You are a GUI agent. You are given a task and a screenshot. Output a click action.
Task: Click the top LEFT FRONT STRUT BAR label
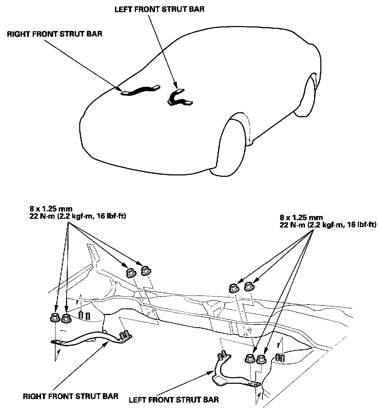click(159, 9)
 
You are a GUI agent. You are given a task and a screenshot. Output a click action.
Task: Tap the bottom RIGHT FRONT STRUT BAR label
click(71, 396)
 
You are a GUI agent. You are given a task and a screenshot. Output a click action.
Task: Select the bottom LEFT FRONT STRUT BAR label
click(174, 400)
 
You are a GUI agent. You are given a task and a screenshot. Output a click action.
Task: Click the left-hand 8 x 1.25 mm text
click(51, 209)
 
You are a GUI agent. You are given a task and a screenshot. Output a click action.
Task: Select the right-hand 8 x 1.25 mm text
click(301, 218)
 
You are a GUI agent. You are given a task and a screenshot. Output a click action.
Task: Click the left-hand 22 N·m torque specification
click(77, 216)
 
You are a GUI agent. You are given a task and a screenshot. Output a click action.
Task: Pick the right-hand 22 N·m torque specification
click(328, 225)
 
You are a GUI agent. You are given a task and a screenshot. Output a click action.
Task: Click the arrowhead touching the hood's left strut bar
click(175, 86)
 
